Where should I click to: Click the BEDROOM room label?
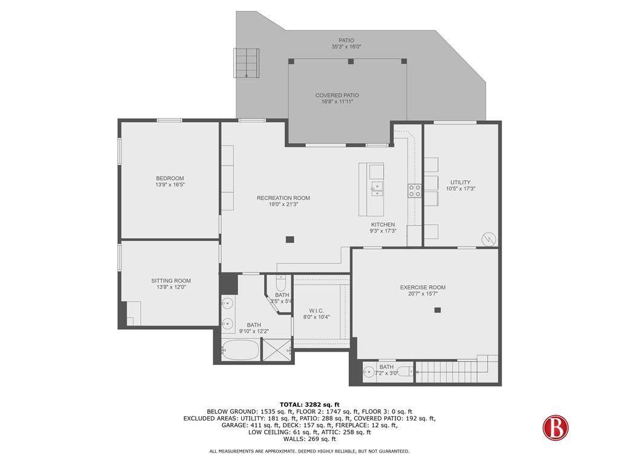tap(170, 178)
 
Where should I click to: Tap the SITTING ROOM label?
tap(171, 281)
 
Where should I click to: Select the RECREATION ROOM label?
tap(283, 198)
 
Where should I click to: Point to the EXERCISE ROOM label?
tap(423, 288)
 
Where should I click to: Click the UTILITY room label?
tap(460, 182)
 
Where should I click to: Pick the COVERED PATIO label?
tap(337, 95)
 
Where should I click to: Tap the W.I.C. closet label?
tap(316, 311)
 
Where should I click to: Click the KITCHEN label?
tap(383, 225)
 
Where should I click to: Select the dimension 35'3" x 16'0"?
tap(346, 47)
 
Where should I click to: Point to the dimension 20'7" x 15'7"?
tap(423, 294)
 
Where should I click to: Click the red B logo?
tap(556, 428)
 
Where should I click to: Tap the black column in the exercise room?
tap(438, 310)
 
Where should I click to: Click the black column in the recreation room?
tap(290, 239)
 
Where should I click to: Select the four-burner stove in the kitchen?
tap(415, 191)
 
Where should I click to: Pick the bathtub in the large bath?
tap(241, 350)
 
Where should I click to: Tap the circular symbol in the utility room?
tap(488, 239)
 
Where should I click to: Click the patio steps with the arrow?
tap(247, 63)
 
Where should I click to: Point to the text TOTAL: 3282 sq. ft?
tap(309, 404)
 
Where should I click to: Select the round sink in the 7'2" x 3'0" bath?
tap(369, 372)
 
